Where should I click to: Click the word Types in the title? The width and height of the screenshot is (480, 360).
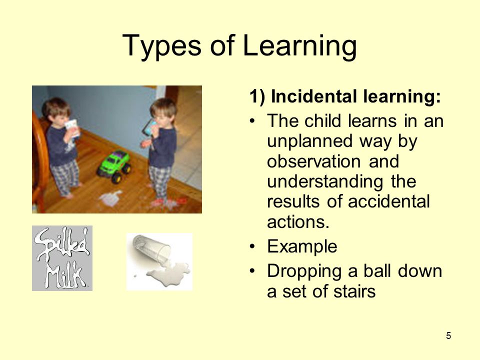(161, 46)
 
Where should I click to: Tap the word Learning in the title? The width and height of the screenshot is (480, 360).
(299, 46)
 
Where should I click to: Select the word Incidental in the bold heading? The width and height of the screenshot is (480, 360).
(314, 96)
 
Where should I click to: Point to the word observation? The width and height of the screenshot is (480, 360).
(314, 161)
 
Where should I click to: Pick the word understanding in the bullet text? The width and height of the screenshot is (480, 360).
(325, 182)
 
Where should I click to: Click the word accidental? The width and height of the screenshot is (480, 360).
(389, 201)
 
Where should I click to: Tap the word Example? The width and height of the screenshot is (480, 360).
(302, 246)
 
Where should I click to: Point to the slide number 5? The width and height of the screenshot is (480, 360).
(448, 336)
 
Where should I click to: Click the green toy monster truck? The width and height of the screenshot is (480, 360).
(114, 166)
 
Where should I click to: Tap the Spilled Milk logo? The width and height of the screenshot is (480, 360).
(62, 258)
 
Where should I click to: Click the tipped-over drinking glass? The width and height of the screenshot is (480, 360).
(151, 249)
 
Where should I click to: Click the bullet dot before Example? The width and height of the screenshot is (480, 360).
(252, 246)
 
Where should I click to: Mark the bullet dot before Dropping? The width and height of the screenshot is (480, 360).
(252, 271)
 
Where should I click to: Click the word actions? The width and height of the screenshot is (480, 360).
(298, 222)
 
